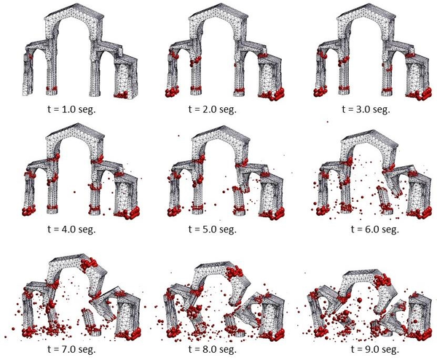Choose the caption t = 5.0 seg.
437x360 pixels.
click(x=219, y=228)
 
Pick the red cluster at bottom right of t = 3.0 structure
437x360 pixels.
click(x=422, y=93)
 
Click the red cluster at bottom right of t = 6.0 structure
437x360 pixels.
click(x=421, y=213)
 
